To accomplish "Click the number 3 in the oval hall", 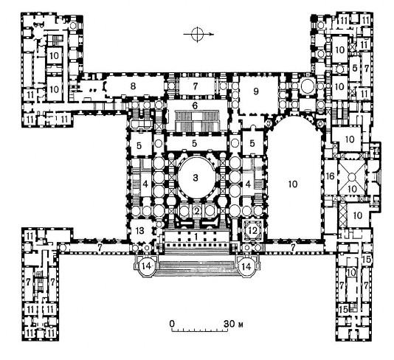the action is coord(196,178).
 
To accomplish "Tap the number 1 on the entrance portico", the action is coord(196,237).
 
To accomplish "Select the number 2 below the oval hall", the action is coord(197,211).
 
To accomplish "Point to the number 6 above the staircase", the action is coord(195,105).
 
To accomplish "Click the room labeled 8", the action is coord(133,86).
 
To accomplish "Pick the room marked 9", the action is coord(256,91).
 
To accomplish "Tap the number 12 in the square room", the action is coord(253,230).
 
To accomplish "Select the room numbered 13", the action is coord(140,230).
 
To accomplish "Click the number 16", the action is coord(330,176).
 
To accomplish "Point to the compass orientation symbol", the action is coord(197,34).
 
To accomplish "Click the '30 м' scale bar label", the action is coord(234,324).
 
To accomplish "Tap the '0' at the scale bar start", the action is coord(172,324).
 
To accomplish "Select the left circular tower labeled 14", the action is coord(147,266).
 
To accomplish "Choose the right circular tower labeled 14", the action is coord(246,266).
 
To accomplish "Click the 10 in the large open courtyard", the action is coord(293,184).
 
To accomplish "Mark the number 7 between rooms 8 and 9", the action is coord(196,86).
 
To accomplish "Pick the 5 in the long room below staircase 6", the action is coord(195,143).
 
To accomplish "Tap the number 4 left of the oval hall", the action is coord(145,184).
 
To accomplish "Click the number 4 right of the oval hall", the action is coord(248,184).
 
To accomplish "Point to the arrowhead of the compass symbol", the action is coord(212,34).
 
